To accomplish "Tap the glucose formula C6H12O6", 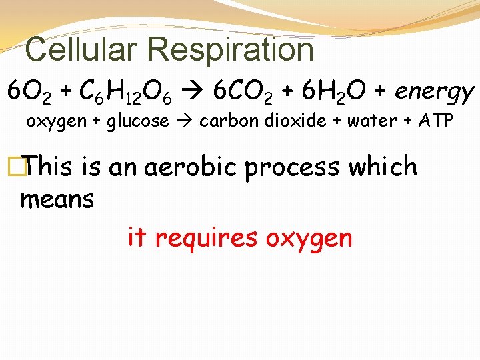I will (125, 91).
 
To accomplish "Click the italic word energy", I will (434, 92).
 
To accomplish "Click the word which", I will (383, 167).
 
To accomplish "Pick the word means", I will (57, 199).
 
